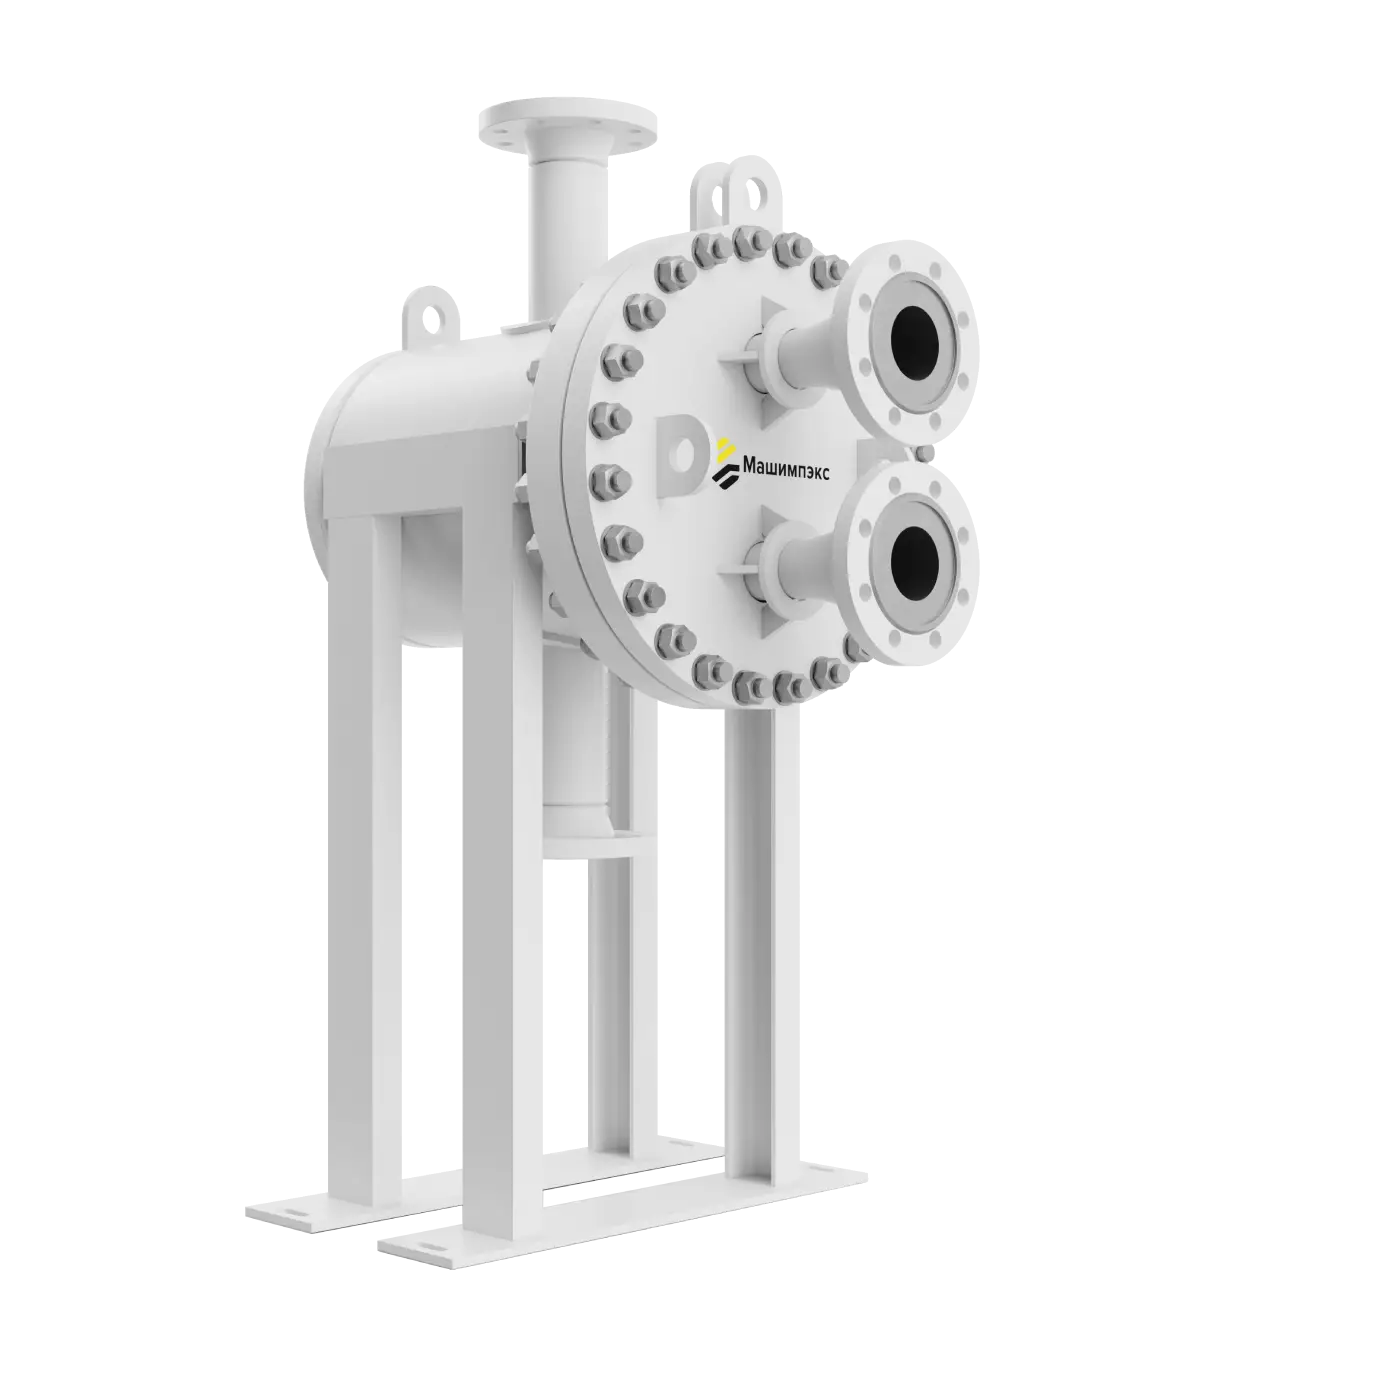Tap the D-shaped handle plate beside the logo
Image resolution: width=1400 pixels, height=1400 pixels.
click(680, 457)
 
